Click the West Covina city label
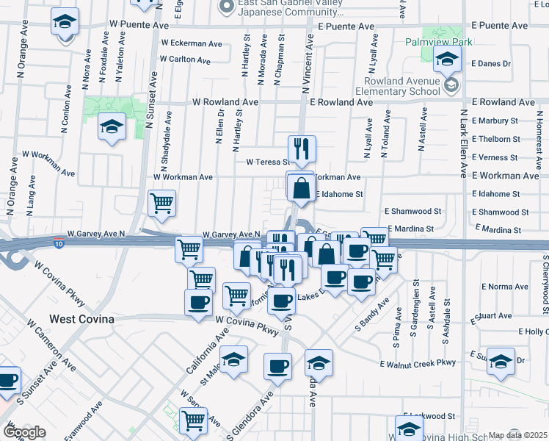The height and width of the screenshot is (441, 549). pos(81,319)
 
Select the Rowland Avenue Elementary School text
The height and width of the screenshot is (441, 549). pos(402,87)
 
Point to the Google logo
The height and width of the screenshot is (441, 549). pos(24,432)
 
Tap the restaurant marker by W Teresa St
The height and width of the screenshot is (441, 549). pos(302,148)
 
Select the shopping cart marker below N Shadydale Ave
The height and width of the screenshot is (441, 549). pos(161,204)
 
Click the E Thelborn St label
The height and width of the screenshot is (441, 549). pos(495,138)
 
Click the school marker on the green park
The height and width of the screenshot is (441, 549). pos(112,128)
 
